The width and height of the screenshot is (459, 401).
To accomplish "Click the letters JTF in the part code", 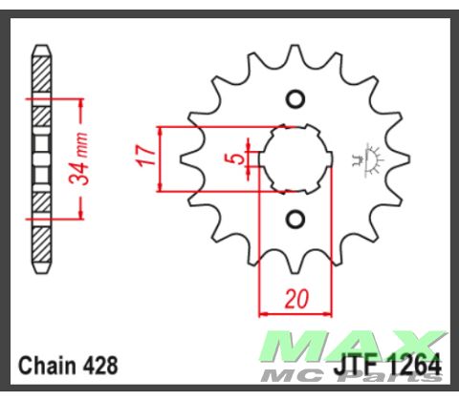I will [x=356, y=367].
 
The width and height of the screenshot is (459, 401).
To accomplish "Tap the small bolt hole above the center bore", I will [x=295, y=98].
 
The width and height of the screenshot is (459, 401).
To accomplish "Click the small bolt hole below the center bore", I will [x=295, y=219].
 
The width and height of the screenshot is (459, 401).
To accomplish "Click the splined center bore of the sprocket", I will [x=294, y=158].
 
